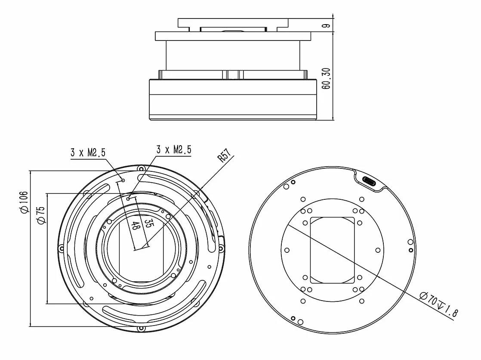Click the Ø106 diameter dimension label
[x=24, y=202]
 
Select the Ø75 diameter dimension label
[x=41, y=215]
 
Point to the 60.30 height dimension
[x=326, y=79]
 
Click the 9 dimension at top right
[x=327, y=25]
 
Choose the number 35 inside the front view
[x=149, y=223]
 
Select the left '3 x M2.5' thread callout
[x=88, y=152]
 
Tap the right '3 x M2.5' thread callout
[x=174, y=149]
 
